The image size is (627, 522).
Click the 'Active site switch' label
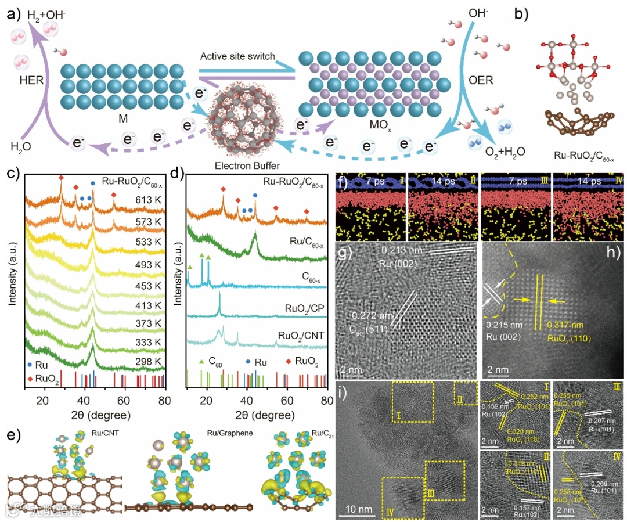[x=237, y=56]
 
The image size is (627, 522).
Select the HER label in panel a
[x=31, y=80]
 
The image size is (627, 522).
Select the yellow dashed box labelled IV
[x=403, y=497]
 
